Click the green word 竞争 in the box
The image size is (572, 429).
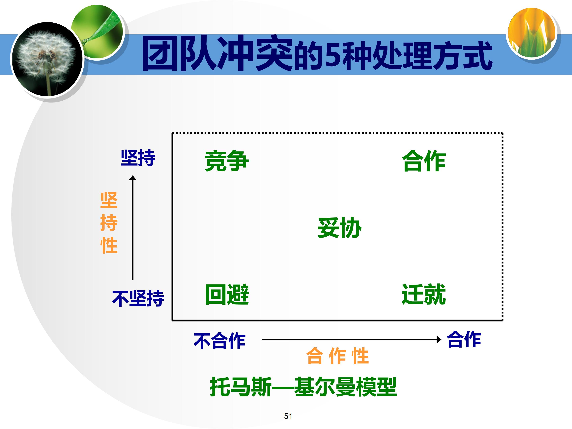pyautogui.click(x=227, y=161)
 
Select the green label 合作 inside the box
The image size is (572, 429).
pyautogui.click(x=424, y=161)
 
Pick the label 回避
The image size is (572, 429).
pyautogui.click(x=227, y=294)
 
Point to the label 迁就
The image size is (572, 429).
pyautogui.click(x=424, y=294)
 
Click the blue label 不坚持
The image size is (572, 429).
pyautogui.click(x=138, y=298)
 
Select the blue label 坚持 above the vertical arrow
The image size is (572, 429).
pyautogui.click(x=138, y=158)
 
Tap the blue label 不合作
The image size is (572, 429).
pyautogui.click(x=219, y=341)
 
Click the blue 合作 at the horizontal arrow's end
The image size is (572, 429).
pyautogui.click(x=464, y=339)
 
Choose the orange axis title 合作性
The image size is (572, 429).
pyautogui.click(x=337, y=356)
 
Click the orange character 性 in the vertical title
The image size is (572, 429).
pyautogui.click(x=109, y=245)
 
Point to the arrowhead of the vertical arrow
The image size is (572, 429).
pyautogui.click(x=133, y=178)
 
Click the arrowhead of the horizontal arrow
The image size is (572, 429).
pyautogui.click(x=439, y=339)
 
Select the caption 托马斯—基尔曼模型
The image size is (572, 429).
pyautogui.click(x=303, y=387)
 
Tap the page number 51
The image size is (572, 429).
pyautogui.click(x=288, y=416)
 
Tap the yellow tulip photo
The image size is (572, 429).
pyautogui.click(x=532, y=32)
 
